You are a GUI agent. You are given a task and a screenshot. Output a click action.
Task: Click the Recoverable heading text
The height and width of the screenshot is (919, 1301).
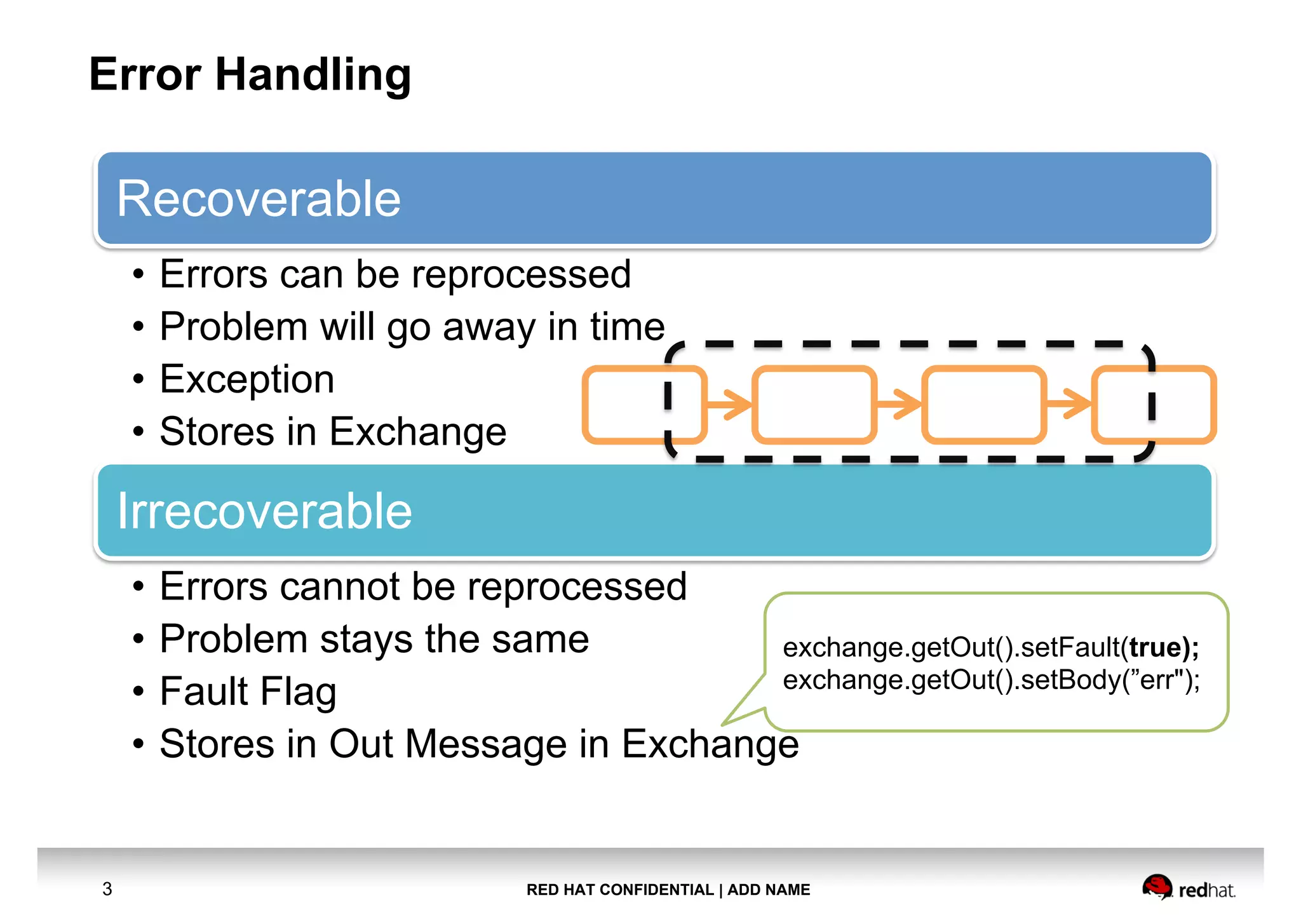259,199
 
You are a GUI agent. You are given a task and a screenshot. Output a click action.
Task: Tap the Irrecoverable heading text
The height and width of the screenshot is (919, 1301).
264,511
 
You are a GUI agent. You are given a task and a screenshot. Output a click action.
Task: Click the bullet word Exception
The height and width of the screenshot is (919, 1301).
246,379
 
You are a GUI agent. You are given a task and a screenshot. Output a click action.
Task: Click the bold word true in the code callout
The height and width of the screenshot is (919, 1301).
1154,648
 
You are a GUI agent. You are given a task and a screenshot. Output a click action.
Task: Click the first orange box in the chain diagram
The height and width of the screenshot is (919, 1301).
623,405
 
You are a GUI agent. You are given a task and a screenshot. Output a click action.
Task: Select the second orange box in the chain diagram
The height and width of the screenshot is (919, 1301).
814,405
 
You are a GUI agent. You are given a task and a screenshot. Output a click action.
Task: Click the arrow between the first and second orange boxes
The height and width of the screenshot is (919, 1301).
729,405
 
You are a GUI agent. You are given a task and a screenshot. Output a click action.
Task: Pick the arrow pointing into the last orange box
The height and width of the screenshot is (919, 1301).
1069,405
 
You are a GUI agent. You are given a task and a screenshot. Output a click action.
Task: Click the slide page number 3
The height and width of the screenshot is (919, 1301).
107,889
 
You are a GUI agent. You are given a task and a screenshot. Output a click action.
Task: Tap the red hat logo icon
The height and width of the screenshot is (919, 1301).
1156,887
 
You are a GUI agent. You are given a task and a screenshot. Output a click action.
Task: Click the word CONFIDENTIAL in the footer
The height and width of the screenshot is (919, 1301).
656,890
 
